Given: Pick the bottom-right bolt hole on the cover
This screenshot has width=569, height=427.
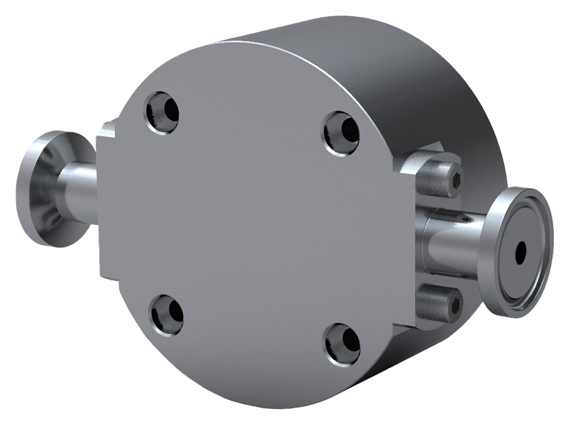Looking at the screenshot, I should pyautogui.click(x=342, y=342).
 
